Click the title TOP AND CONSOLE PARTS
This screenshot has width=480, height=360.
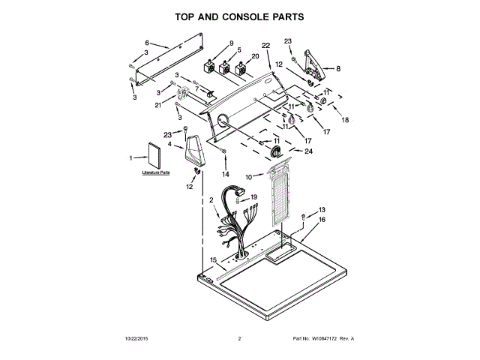(240, 16)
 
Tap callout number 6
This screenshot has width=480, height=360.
(147, 43)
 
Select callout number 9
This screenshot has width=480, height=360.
(232, 43)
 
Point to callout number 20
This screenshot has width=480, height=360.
(255, 56)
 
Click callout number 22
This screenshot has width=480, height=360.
(265, 46)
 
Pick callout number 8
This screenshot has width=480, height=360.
(338, 68)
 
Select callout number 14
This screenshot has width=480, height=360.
(225, 173)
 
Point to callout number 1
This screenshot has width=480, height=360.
(131, 157)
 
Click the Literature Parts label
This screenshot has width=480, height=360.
(156, 172)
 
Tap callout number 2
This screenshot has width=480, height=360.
(212, 200)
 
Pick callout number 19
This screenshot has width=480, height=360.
(254, 197)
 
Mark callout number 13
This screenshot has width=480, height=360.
(322, 209)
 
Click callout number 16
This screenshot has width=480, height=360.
(322, 220)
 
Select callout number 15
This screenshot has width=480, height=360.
(214, 259)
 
